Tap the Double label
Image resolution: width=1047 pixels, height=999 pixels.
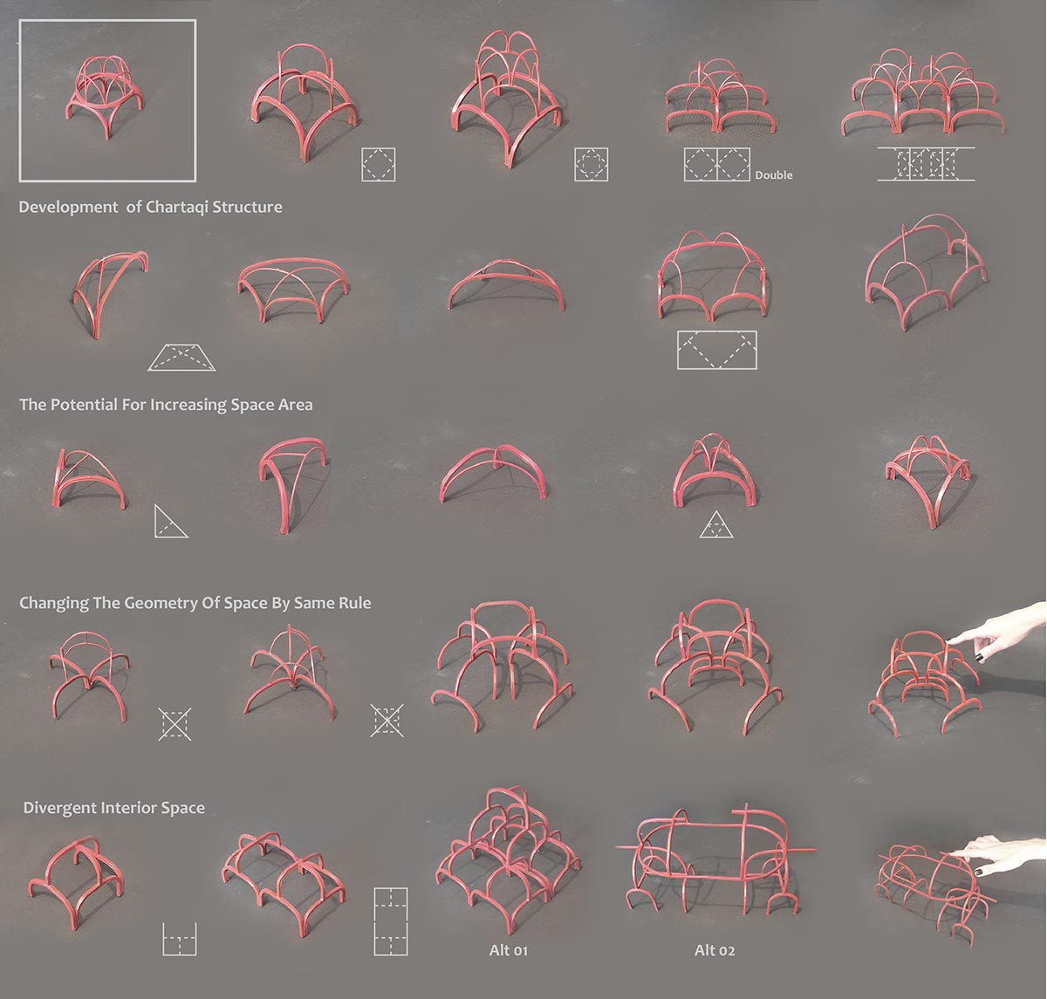(774, 175)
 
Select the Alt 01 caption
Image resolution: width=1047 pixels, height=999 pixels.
(508, 950)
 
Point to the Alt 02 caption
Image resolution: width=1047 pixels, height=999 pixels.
(714, 950)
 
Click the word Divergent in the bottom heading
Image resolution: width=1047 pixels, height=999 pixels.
(58, 808)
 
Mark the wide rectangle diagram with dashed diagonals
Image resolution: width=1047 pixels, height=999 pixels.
(716, 349)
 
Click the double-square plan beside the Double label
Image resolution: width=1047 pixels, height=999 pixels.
(717, 164)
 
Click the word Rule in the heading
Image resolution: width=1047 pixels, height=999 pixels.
(352, 603)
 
